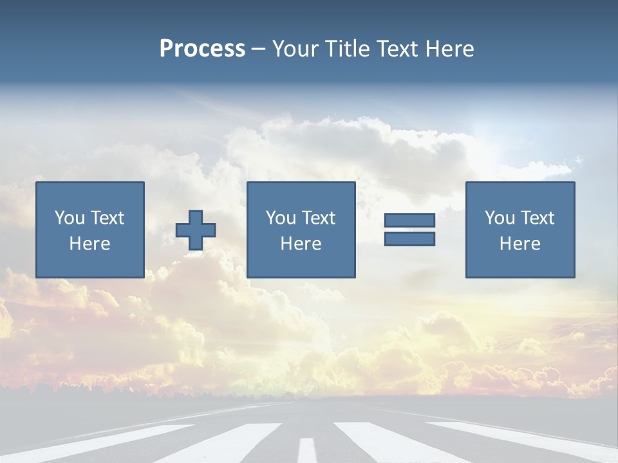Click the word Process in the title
coord(202,49)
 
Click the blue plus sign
coord(196,230)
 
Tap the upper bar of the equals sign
coord(409,220)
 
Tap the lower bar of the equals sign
coord(409,239)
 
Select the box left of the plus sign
coord(89,230)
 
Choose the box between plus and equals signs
coord(301,230)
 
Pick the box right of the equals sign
coord(520,230)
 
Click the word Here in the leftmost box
coord(89,244)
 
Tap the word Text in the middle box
coord(318,218)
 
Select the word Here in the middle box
coord(301,244)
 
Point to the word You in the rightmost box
coord(499,218)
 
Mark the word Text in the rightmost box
coord(537,218)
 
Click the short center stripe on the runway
coord(307,449)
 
